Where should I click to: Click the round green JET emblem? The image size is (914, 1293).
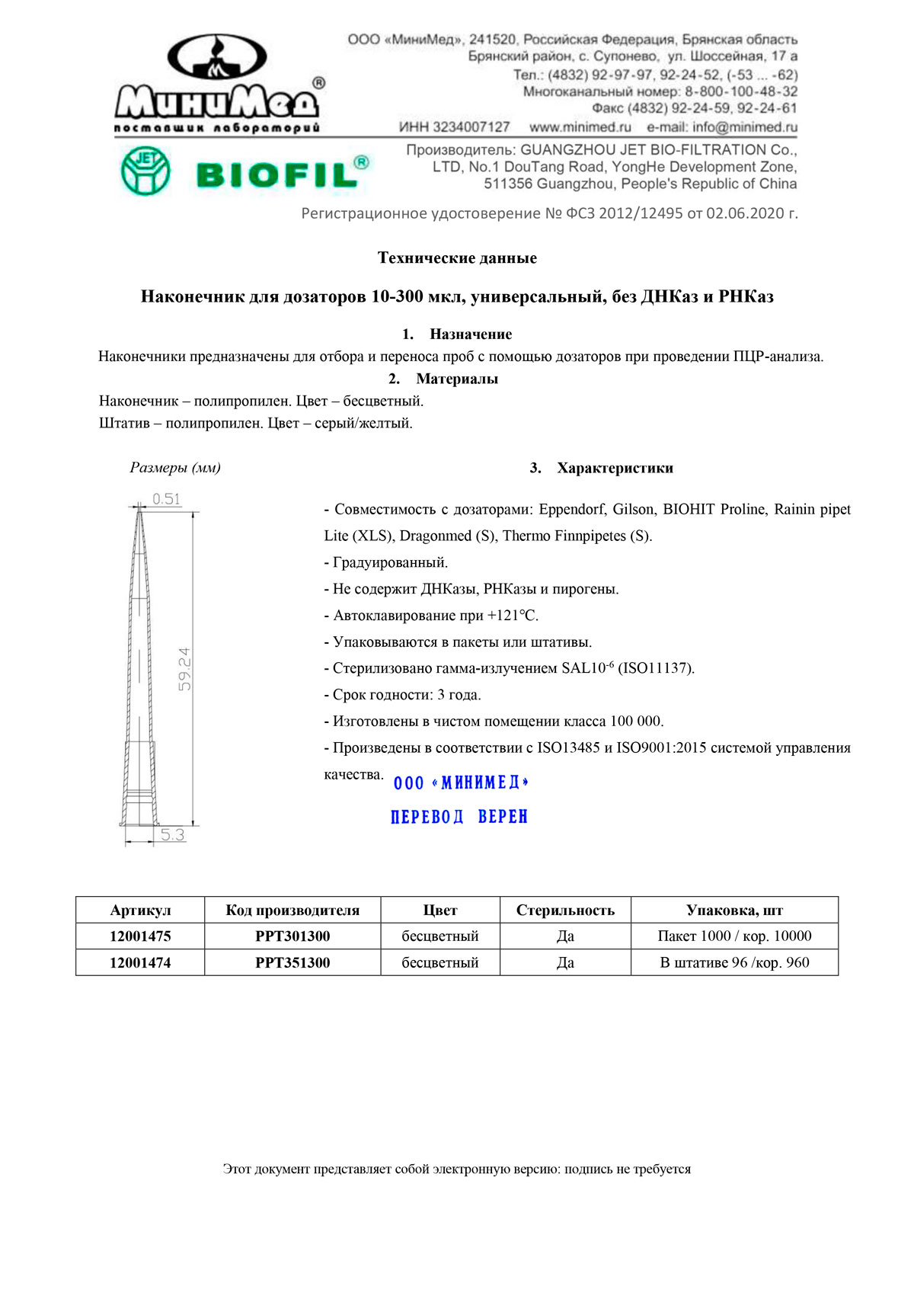point(145,171)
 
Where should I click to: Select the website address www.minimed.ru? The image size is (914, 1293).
point(580,127)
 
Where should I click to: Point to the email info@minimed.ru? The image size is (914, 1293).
point(722,127)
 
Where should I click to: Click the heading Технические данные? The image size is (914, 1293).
point(457,258)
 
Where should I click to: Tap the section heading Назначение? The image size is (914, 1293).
point(470,334)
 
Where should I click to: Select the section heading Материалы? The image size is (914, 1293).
point(456,379)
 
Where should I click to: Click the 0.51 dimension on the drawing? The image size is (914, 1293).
point(166,499)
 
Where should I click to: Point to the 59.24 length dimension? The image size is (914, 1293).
point(184,669)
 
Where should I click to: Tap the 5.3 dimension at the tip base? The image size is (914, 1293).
point(172,835)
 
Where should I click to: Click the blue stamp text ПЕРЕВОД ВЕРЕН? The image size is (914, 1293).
point(459,817)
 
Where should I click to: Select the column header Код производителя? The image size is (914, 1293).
point(292,911)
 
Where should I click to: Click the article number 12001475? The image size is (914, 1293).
point(140,936)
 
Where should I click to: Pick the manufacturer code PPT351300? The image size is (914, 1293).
point(292,962)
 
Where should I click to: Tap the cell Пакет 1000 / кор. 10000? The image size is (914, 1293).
point(734,936)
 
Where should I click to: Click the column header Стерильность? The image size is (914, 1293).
point(565,911)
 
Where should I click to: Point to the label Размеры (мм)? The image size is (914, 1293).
point(175,468)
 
